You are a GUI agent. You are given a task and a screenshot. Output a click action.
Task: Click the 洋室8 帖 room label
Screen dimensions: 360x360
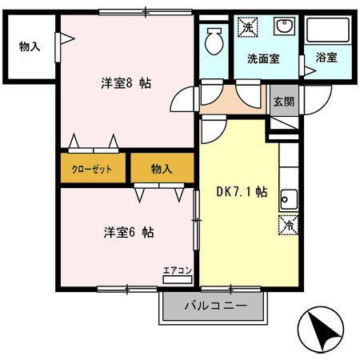[126, 83]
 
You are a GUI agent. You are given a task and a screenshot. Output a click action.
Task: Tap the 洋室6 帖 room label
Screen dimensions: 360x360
[128, 233]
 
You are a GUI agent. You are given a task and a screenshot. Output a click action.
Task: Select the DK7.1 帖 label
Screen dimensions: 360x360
[242, 192]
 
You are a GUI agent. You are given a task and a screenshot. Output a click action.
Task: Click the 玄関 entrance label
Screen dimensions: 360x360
[282, 102]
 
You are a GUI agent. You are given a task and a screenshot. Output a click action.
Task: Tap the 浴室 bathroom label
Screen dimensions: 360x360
[326, 58]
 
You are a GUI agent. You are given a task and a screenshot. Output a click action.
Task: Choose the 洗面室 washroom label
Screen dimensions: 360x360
[262, 58]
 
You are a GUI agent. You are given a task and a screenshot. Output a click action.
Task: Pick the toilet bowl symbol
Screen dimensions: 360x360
[214, 40]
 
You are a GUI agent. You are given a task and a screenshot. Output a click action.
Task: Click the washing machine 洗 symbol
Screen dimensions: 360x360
[247, 28]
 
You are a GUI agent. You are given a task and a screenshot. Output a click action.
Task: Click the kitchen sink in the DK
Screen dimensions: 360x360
[289, 200]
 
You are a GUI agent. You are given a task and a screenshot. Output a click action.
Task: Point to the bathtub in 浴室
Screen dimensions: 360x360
[328, 32]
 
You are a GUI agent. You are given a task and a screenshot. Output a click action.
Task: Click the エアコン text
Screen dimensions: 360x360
[176, 270]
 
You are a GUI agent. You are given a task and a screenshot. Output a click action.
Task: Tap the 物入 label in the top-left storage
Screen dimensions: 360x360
[30, 46]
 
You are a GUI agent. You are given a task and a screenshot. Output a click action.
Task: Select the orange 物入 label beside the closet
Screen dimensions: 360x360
[162, 169]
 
